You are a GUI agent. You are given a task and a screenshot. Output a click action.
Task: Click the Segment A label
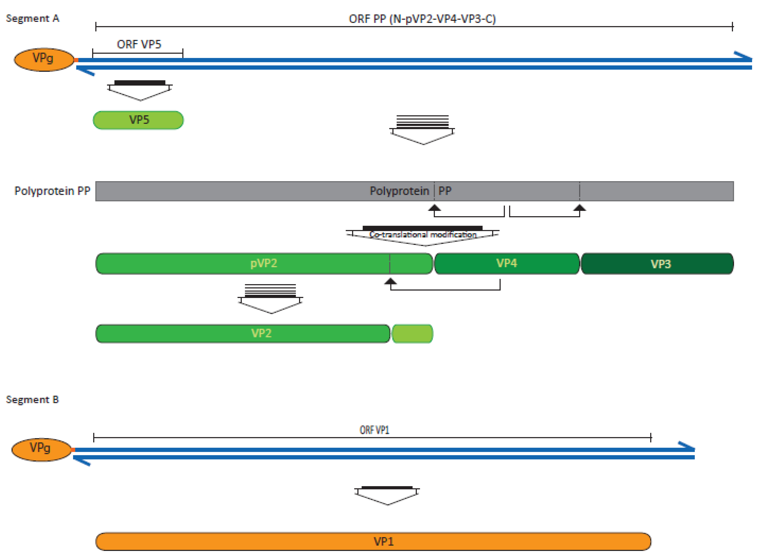(33, 18)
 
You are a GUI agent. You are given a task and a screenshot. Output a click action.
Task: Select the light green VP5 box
(139, 120)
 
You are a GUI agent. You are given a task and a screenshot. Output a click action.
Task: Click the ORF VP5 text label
(139, 44)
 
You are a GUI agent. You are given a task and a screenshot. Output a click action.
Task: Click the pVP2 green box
(263, 263)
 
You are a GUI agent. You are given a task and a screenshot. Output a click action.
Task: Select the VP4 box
(506, 263)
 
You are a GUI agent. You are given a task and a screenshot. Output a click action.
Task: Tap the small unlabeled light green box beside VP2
(412, 334)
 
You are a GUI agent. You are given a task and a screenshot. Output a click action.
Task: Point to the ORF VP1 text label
(374, 430)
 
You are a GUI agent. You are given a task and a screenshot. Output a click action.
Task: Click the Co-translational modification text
(423, 235)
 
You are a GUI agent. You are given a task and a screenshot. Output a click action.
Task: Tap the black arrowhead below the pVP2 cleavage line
(390, 281)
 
